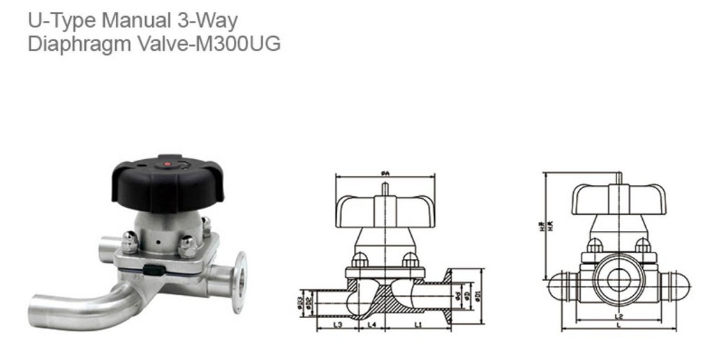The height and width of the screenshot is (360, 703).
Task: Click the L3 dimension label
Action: pos(338,324)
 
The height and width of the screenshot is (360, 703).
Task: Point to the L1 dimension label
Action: pos(418,324)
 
